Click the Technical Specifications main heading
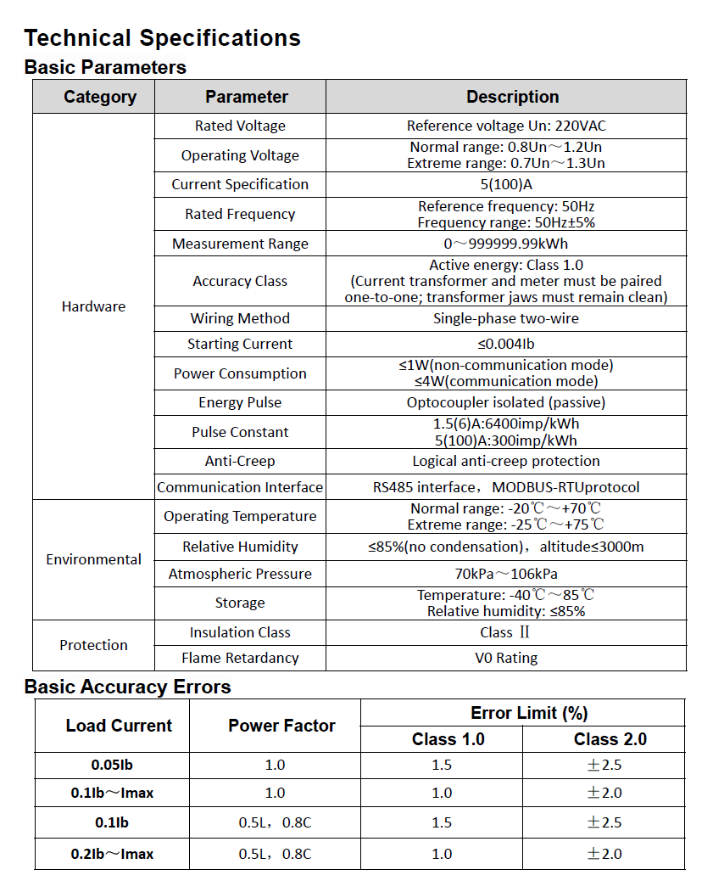click(x=162, y=38)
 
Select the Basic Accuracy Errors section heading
click(x=127, y=687)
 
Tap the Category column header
click(x=100, y=97)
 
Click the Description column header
click(x=512, y=97)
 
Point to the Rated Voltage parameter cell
click(x=240, y=126)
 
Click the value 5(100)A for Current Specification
click(x=506, y=184)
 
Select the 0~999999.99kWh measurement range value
click(x=506, y=244)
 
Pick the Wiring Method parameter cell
click(x=240, y=318)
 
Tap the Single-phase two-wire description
click(x=506, y=318)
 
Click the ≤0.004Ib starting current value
click(x=506, y=344)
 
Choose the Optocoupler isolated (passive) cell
click(x=506, y=402)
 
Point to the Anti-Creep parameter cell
click(x=240, y=461)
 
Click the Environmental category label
click(x=94, y=559)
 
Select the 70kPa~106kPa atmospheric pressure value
click(x=506, y=574)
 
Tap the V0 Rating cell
click(x=506, y=658)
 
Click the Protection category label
click(x=94, y=645)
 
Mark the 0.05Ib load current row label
click(x=112, y=765)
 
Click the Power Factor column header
click(x=281, y=726)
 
